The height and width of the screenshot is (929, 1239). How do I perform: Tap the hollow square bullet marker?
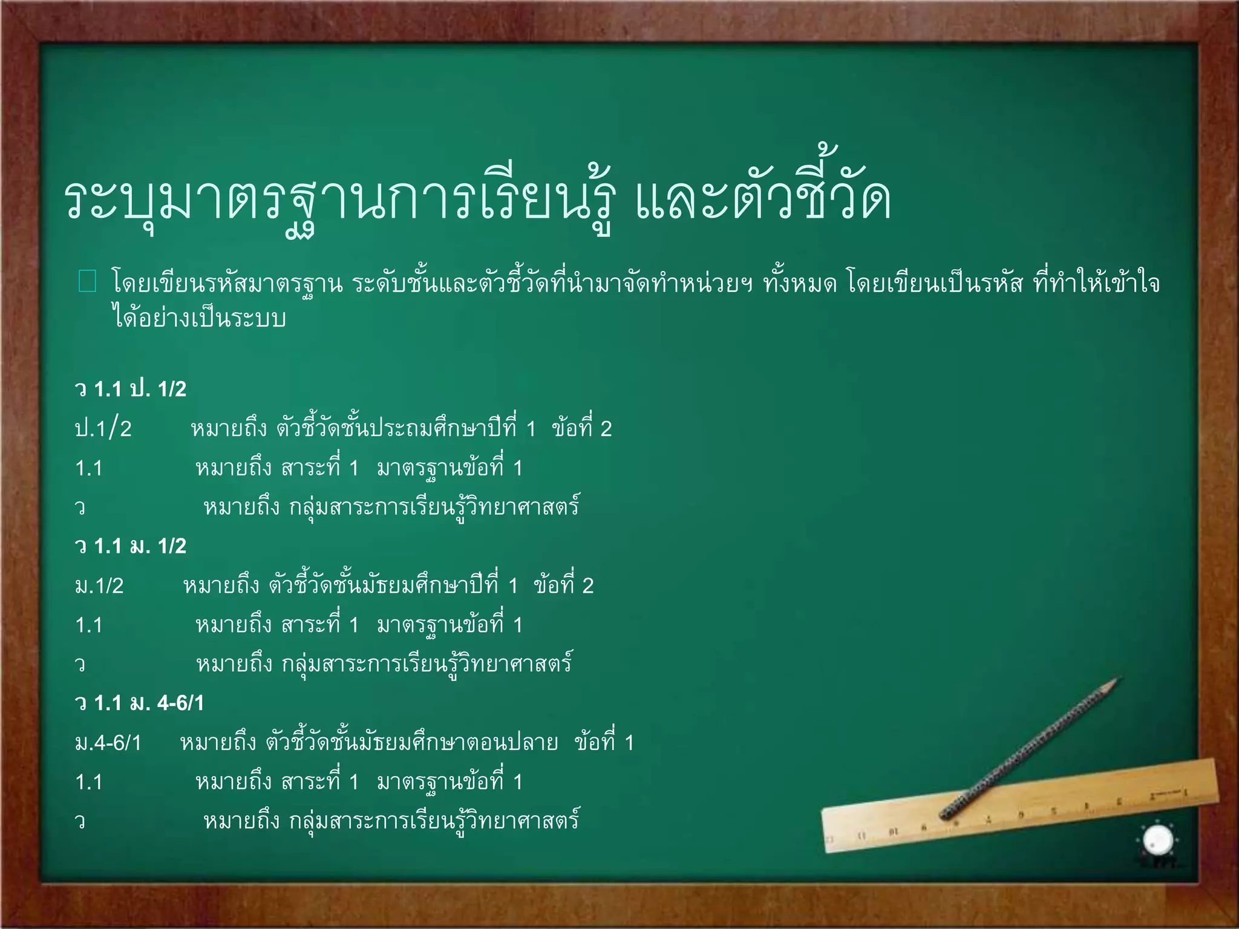88,282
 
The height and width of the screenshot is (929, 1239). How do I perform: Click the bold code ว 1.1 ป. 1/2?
131,389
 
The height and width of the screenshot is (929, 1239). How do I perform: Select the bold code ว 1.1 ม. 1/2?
131,546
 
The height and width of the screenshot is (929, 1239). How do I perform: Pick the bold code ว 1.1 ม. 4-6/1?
140,703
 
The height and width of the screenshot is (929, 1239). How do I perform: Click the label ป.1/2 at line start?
103,429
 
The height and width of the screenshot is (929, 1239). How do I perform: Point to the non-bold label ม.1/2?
99,585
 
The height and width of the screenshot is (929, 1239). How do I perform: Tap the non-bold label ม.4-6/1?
108,743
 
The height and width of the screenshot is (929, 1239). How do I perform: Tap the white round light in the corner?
1158,840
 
